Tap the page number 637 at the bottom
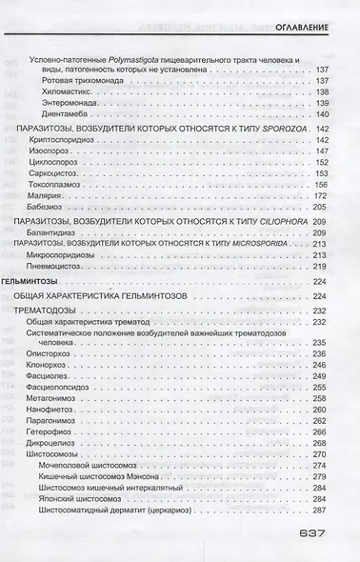(x=314, y=534)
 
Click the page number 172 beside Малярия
(x=319, y=196)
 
